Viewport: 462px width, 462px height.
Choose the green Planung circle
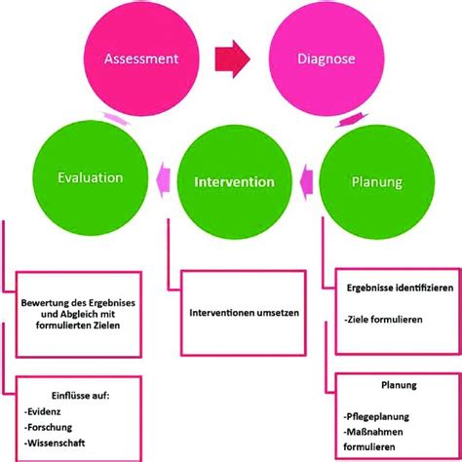[374, 180]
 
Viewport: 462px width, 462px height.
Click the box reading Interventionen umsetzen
[231, 314]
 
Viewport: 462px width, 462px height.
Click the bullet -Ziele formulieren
[384, 319]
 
